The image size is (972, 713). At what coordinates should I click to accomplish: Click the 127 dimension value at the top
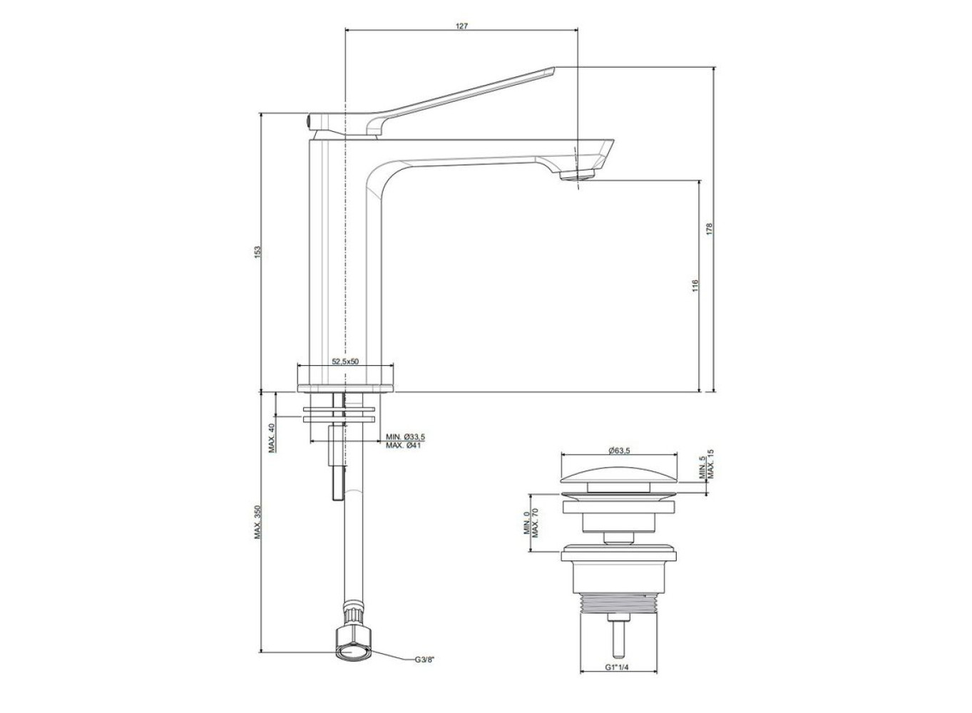(x=461, y=26)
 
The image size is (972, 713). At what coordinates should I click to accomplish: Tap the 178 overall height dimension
(x=710, y=229)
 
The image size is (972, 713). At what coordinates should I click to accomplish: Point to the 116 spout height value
(x=695, y=285)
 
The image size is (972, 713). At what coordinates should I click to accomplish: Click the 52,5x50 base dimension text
(x=345, y=361)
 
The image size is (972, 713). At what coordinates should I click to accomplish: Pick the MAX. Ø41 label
(x=403, y=445)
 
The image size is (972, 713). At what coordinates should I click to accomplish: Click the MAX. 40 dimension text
(x=272, y=438)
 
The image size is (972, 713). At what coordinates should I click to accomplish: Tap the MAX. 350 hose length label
(x=257, y=522)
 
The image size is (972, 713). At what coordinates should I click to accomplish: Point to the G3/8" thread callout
(x=424, y=672)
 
